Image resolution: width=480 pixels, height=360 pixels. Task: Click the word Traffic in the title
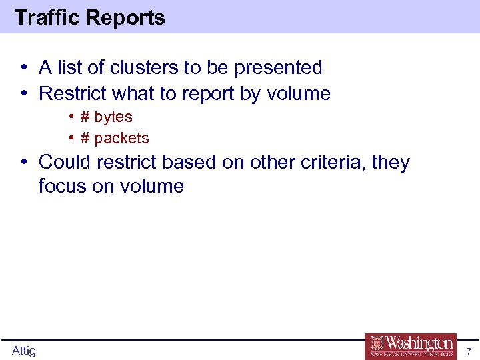(44, 17)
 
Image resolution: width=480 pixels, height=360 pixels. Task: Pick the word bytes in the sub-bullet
(113, 117)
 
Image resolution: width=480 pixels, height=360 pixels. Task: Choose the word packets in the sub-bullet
(121, 139)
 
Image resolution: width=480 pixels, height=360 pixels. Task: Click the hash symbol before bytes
(85, 117)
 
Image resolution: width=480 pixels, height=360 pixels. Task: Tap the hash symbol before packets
(85, 139)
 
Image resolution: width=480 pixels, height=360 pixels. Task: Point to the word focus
(63, 186)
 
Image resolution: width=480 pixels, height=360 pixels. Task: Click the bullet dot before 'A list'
(23, 67)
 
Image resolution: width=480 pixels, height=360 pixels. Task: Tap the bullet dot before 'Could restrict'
(23, 162)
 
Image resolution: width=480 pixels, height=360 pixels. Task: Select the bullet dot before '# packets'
(71, 139)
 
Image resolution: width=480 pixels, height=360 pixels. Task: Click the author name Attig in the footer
(24, 351)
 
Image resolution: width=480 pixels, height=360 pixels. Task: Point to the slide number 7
(469, 351)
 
